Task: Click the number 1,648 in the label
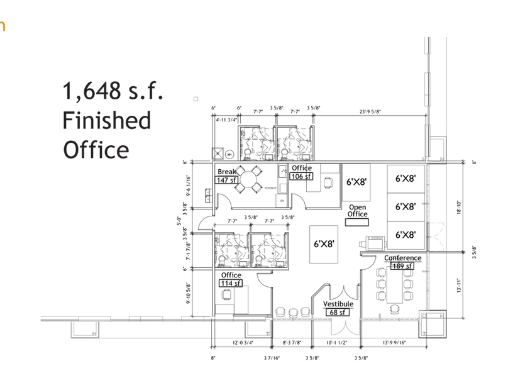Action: pos(91,92)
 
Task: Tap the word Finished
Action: pos(107,120)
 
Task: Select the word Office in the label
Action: pos(96,150)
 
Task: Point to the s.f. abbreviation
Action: pos(145,92)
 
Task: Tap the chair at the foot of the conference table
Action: pos(394,309)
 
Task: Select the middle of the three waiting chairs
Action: pos(292,311)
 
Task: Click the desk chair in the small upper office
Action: pos(328,182)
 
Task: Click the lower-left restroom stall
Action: pos(231,249)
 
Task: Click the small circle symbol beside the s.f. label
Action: pos(196,99)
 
